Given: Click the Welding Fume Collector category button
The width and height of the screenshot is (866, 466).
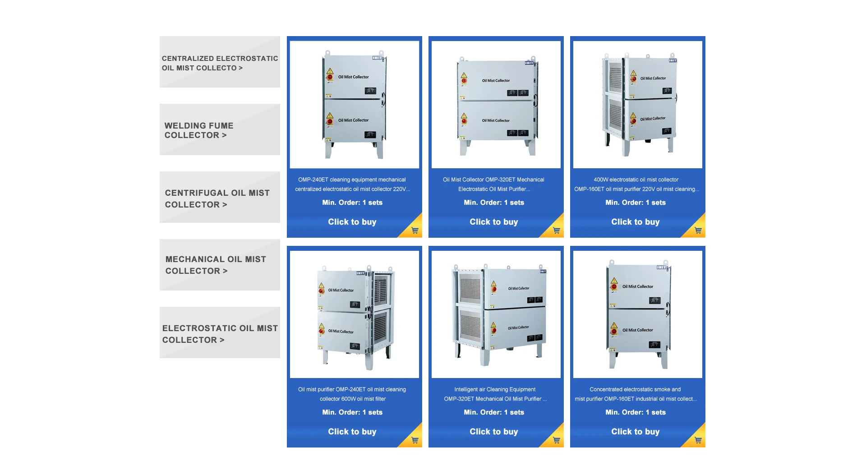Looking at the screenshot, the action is tap(220, 130).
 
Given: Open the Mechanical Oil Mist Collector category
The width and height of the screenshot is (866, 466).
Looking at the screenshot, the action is tap(220, 265).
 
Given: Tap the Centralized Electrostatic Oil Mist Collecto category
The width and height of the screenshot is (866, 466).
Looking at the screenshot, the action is tap(220, 63).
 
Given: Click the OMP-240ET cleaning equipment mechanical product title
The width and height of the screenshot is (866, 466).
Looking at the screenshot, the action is tap(352, 185).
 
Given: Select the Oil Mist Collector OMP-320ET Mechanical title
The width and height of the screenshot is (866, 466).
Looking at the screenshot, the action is tap(494, 185).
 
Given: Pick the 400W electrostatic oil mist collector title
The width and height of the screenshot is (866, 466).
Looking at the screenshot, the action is tap(636, 185).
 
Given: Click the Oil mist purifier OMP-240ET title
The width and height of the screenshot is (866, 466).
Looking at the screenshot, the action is tap(352, 394).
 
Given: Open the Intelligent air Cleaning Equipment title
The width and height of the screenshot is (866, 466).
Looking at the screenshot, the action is tap(495, 394).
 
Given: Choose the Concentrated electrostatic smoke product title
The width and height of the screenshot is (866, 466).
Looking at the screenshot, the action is tap(636, 394).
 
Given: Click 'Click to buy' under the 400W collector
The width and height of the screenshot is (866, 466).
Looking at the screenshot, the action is tap(635, 222).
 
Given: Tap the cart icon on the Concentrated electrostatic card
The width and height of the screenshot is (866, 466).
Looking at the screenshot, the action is tap(698, 440).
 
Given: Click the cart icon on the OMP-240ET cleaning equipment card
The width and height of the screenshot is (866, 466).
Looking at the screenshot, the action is tap(415, 231).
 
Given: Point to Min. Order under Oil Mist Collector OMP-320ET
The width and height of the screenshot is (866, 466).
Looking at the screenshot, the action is tap(494, 203).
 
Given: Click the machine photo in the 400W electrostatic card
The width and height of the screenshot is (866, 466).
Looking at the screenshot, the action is tap(638, 105).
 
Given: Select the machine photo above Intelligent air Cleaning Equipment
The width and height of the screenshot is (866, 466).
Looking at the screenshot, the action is tap(496, 314).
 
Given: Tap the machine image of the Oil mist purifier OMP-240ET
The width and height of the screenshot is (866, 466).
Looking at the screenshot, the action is tap(355, 314).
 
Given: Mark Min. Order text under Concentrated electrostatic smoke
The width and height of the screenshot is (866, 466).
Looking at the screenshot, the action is tap(636, 412).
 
